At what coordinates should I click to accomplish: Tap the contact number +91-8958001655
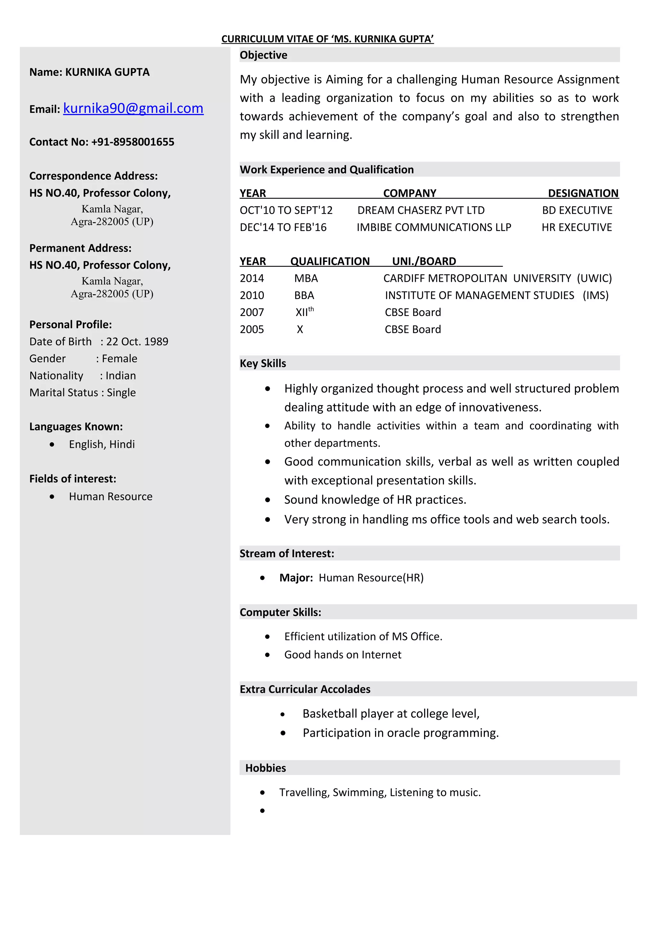(133, 142)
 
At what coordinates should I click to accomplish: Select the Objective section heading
(263, 55)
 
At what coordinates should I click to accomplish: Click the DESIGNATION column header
(583, 194)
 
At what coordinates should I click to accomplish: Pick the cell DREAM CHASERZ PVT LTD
(421, 210)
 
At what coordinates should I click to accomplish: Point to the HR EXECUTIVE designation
(576, 227)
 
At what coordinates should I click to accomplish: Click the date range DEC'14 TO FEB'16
(283, 227)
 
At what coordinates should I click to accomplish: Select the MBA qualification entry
(306, 278)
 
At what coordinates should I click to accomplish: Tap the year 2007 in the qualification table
(251, 312)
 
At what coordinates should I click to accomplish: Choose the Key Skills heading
(263, 363)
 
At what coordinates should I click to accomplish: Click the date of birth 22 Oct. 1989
(137, 342)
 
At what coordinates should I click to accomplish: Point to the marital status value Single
(121, 392)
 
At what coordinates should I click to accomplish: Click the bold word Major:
(296, 578)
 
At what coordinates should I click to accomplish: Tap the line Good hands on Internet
(343, 654)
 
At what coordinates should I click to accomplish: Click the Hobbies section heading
(265, 768)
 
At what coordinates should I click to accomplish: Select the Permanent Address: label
(80, 248)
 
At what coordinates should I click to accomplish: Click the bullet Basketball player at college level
(391, 714)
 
